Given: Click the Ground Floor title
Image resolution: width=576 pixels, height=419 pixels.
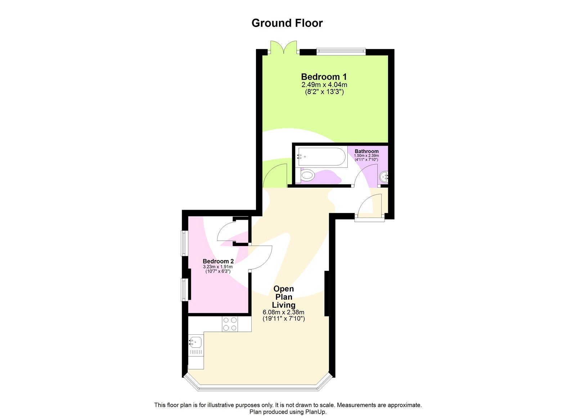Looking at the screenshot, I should (287, 23).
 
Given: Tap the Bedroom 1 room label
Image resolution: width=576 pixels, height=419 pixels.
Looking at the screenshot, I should (324, 77).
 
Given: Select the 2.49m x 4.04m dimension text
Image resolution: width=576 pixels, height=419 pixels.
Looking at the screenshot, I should (324, 85).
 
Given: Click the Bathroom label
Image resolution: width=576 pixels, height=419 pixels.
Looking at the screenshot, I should (366, 151).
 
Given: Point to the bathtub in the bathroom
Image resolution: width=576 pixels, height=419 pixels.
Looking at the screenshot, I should (321, 157).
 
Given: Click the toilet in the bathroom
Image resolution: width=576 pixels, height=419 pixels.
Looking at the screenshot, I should (307, 176).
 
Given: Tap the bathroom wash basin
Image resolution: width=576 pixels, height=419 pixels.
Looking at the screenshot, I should (384, 177).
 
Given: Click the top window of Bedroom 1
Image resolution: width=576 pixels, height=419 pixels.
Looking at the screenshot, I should (341, 52).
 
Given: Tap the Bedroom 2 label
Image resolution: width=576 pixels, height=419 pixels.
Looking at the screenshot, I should (218, 261).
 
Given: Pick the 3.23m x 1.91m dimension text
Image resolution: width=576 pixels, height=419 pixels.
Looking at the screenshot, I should (218, 267).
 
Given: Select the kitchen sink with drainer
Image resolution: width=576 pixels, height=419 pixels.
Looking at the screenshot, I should (195, 346).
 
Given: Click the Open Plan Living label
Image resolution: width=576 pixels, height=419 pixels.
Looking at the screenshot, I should (284, 297).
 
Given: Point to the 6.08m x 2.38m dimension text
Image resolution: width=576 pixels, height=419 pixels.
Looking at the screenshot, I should (283, 312).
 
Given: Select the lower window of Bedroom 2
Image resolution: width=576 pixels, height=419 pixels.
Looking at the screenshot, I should (184, 289).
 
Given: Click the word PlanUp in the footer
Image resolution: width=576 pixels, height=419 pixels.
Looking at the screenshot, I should (316, 412).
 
